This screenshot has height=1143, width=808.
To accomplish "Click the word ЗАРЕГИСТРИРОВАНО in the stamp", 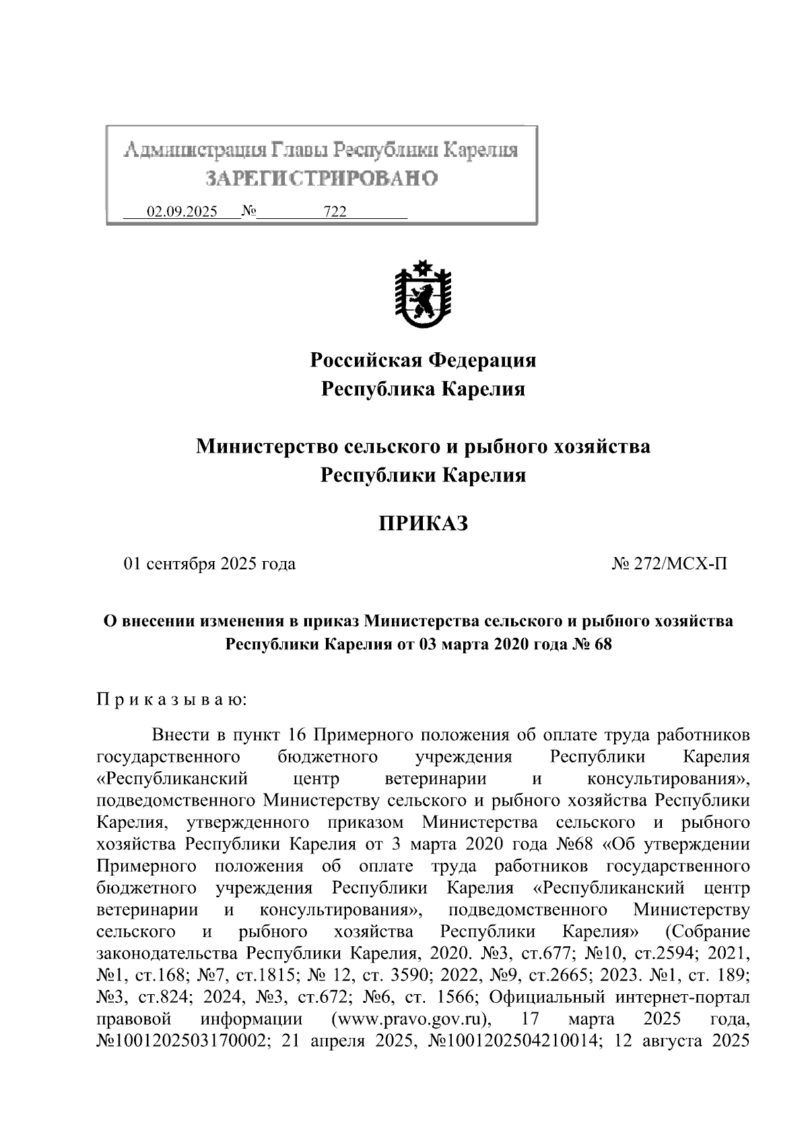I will coord(321,178).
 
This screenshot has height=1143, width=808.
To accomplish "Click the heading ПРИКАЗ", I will coord(423,523).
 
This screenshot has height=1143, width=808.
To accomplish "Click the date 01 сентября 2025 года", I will coord(209,564).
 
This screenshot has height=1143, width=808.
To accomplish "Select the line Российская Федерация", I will coord(423,360).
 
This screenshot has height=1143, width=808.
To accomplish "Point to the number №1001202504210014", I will coord(514,1040).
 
